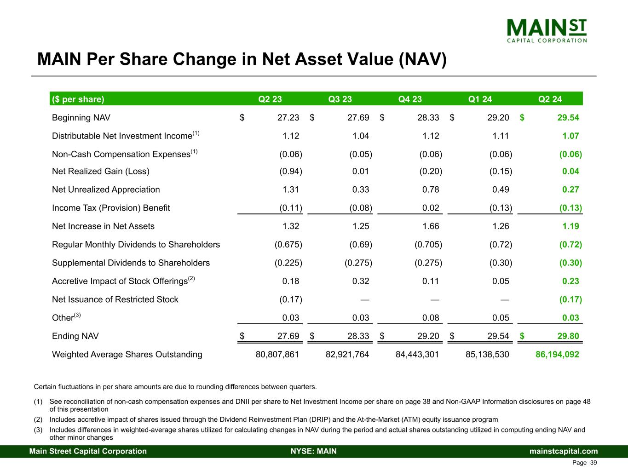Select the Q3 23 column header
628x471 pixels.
tap(340, 99)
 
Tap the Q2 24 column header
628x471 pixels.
tap(550, 99)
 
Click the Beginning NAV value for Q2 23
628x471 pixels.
tap(288, 118)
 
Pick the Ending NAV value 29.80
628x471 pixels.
tap(568, 336)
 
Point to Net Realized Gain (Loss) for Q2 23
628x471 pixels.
tap(291, 172)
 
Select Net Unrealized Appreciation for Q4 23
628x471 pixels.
tap(431, 190)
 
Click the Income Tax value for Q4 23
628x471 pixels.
tap(431, 208)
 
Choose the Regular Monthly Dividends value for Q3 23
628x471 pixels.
tap(361, 245)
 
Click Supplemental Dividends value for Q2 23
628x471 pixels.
tap(288, 263)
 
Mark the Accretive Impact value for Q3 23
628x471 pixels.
tap(361, 281)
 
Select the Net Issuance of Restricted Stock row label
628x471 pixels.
tap(115, 299)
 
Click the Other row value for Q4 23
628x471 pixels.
tap(431, 318)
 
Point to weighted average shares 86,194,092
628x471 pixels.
tap(557, 355)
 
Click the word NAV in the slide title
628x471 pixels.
tap(420, 60)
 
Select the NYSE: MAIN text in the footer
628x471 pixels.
tap(314, 451)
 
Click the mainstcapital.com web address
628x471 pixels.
tap(564, 451)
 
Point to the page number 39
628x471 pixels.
tap(593, 463)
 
